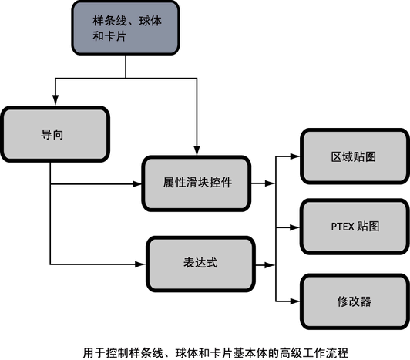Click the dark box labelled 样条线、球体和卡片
point(126,28)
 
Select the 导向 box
point(55,134)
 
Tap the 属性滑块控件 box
point(197,183)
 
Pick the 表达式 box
point(200,264)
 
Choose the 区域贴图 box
point(355,156)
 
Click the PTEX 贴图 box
point(355,227)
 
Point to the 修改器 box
point(355,301)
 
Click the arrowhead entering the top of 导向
point(55,100)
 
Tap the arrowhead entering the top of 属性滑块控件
point(197,150)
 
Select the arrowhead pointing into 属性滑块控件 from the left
point(137,184)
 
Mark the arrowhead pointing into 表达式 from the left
point(139,264)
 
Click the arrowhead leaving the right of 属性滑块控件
point(270,183)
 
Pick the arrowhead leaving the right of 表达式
point(270,265)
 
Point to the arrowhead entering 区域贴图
point(295,156)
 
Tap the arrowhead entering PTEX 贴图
point(295,227)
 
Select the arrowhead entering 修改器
point(295,301)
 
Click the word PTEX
point(342,227)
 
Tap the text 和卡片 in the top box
point(109,35)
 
